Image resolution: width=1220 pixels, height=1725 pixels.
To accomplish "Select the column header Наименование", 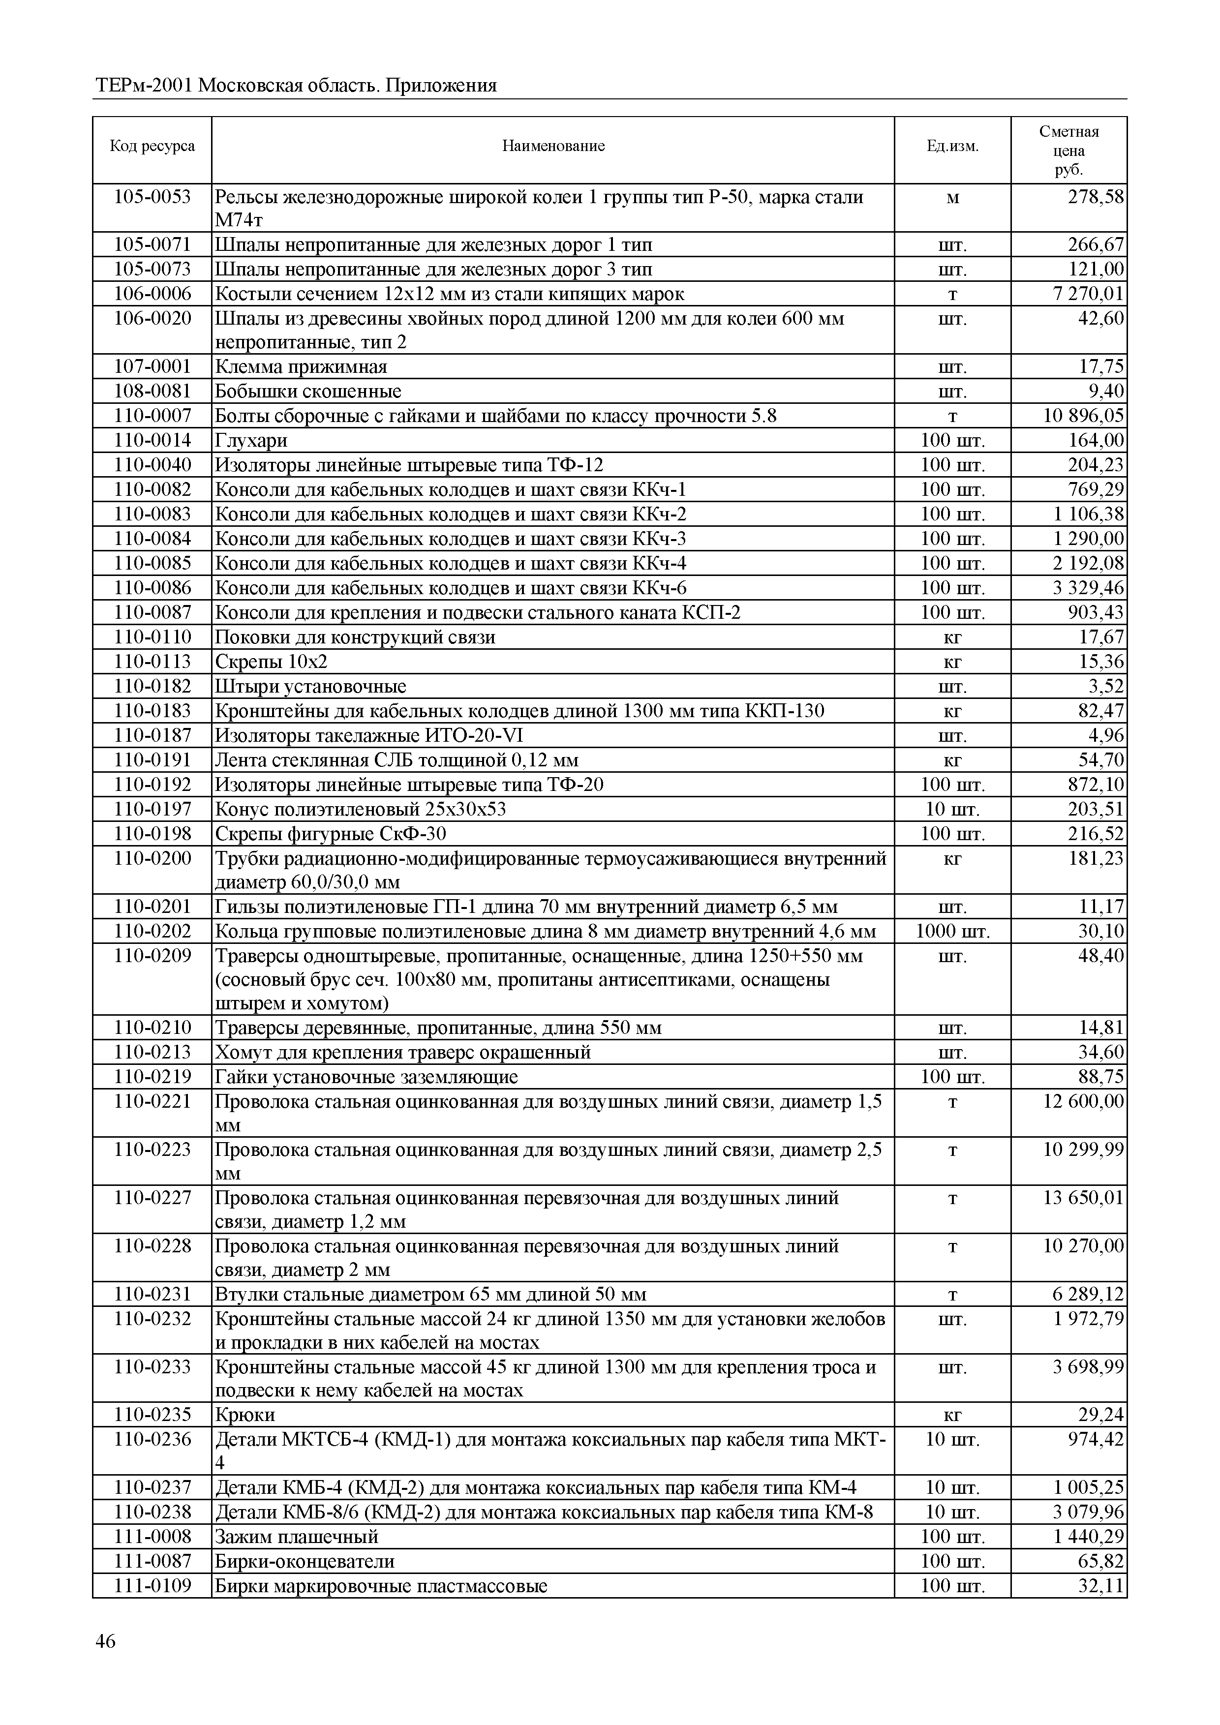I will tap(553, 146).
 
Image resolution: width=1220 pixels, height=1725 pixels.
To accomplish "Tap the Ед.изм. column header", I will tap(952, 146).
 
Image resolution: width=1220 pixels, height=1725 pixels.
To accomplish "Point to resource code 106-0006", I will tap(152, 294).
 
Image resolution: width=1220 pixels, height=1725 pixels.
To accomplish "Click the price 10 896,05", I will tap(1083, 416).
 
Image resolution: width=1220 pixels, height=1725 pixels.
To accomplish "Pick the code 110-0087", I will tap(152, 612).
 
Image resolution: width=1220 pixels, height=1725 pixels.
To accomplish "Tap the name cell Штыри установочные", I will tap(310, 686).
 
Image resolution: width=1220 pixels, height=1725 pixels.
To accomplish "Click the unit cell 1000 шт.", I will tap(952, 932).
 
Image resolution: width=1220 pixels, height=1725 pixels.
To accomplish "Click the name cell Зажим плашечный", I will tap(297, 1537).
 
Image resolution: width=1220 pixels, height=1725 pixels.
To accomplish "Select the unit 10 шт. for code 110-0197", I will tap(952, 809).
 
